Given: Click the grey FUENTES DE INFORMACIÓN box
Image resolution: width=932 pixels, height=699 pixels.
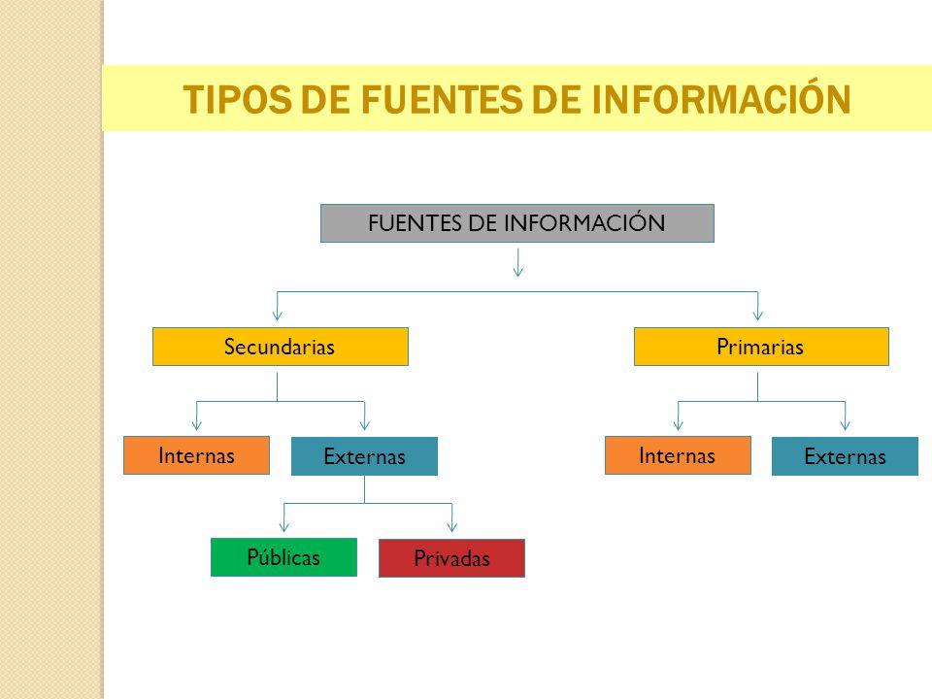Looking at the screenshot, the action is tap(517, 223).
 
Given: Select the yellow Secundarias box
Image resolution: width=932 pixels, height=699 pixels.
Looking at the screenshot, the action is tap(281, 347).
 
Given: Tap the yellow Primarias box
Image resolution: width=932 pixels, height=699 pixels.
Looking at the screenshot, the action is tap(761, 347).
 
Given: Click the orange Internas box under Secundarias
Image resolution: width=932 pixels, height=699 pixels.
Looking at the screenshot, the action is tap(197, 455).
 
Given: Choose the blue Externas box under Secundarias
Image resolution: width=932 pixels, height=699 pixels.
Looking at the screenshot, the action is tap(364, 456).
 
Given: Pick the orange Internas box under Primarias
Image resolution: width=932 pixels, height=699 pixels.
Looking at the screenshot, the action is tap(679, 455).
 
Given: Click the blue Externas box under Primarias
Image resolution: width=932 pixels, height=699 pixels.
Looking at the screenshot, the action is tap(846, 456).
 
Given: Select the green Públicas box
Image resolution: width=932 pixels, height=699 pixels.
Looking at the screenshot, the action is tap(284, 557).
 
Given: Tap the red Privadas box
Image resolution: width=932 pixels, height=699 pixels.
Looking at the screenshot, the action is tap(451, 558).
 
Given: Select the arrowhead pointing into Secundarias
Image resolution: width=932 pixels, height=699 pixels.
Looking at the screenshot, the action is tap(277, 315).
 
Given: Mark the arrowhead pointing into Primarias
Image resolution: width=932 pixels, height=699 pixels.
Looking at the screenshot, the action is tap(758, 315).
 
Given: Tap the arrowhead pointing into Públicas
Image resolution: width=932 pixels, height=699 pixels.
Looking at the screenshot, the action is tap(284, 526).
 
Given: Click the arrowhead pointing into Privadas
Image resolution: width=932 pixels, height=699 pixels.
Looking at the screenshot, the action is tap(451, 526).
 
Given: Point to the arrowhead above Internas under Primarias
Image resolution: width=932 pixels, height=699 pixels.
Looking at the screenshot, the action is tap(679, 424).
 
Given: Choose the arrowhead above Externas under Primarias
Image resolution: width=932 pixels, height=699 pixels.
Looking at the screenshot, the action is tap(846, 424).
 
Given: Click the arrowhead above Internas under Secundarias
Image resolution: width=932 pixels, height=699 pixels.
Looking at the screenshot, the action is tap(197, 424).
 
